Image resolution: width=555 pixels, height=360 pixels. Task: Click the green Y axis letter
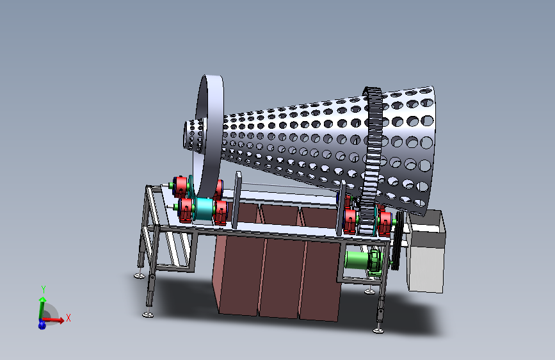pos(43,289)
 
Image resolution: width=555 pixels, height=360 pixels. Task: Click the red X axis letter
pos(68,318)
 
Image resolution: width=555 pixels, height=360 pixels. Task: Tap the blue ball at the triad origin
pos(42,324)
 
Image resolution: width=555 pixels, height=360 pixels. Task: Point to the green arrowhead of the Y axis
pos(42,300)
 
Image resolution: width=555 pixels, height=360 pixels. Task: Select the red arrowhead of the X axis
pos(61,320)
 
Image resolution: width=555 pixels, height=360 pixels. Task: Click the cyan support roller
pos(204,209)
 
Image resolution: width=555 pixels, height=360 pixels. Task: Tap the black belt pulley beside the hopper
pos(398,240)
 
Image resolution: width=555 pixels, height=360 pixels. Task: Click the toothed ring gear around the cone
pos(373,160)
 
